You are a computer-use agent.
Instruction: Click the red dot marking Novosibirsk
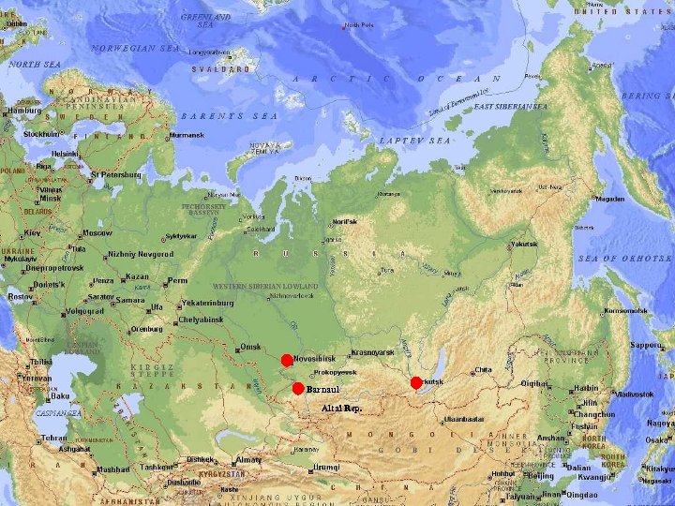coord(287,361)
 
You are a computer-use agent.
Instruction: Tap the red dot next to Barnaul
coord(298,389)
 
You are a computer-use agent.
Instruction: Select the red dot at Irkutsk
coord(416,382)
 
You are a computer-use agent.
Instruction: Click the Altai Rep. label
coord(341,409)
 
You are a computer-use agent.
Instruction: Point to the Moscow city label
coord(97,232)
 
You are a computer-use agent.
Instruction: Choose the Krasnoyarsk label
coord(368,352)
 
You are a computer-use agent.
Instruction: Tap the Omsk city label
coord(250,347)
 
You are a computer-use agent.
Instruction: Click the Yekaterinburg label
coord(213,304)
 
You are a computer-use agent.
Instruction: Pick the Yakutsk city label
coord(523,244)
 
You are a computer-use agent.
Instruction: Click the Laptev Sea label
coord(414,140)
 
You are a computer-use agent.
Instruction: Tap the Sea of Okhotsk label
coord(624,258)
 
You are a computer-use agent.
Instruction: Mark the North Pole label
coord(358,25)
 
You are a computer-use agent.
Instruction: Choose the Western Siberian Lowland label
coord(265,286)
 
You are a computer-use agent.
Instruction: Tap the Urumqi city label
coord(326,467)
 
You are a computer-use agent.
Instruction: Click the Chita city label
coord(484,369)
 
